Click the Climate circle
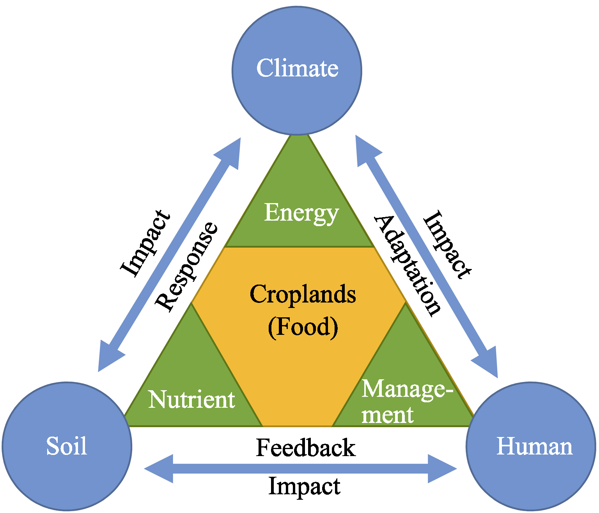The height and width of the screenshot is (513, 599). tap(297, 71)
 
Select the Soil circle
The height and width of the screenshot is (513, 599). tap(67, 446)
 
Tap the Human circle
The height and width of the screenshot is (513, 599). tap(531, 446)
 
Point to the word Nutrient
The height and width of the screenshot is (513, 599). tap(191, 400)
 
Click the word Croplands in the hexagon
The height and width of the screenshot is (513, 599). tap(303, 294)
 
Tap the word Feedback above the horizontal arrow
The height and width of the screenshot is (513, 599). tap(306, 447)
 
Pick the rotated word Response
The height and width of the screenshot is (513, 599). tap(186, 267)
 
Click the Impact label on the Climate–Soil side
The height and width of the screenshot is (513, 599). tap(145, 243)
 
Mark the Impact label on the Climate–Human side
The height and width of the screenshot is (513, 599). tap(447, 245)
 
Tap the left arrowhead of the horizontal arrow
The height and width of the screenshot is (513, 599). tap(159, 469)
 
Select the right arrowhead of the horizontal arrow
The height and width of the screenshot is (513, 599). tap(443, 469)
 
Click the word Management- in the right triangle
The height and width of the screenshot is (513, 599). tap(408, 390)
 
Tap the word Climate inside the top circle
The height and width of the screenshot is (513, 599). tap(297, 68)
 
